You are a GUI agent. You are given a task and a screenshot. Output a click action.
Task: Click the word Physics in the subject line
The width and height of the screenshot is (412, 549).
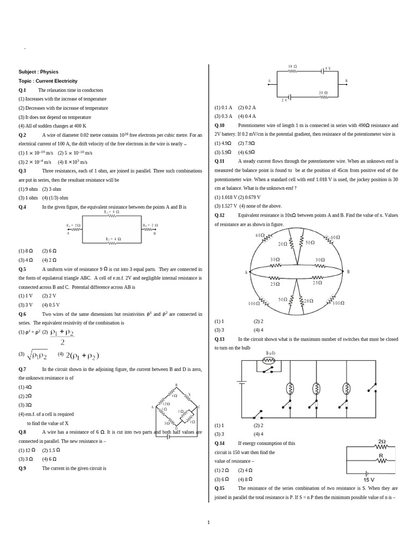(49, 72)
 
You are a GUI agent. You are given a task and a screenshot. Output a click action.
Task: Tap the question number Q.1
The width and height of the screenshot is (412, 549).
(23, 90)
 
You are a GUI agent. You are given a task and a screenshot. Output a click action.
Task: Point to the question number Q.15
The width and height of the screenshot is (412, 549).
(219, 488)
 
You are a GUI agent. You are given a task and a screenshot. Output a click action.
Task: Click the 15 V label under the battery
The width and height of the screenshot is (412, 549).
(369, 480)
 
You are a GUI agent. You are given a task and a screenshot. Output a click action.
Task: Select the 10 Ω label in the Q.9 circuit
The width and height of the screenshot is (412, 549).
(292, 67)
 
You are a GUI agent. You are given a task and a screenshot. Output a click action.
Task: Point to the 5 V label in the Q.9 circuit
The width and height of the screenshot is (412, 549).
(328, 69)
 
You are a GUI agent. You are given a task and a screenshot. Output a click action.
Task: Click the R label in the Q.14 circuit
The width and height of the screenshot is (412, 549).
(381, 456)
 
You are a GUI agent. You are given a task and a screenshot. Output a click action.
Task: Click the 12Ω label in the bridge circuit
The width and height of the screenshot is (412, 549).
(167, 404)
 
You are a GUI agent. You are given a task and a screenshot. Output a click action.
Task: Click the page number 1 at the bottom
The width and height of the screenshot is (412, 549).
(209, 522)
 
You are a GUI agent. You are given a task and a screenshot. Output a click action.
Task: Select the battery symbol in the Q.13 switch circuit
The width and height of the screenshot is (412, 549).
(242, 382)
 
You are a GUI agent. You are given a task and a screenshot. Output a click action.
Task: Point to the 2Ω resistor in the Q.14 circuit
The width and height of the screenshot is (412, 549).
(381, 445)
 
